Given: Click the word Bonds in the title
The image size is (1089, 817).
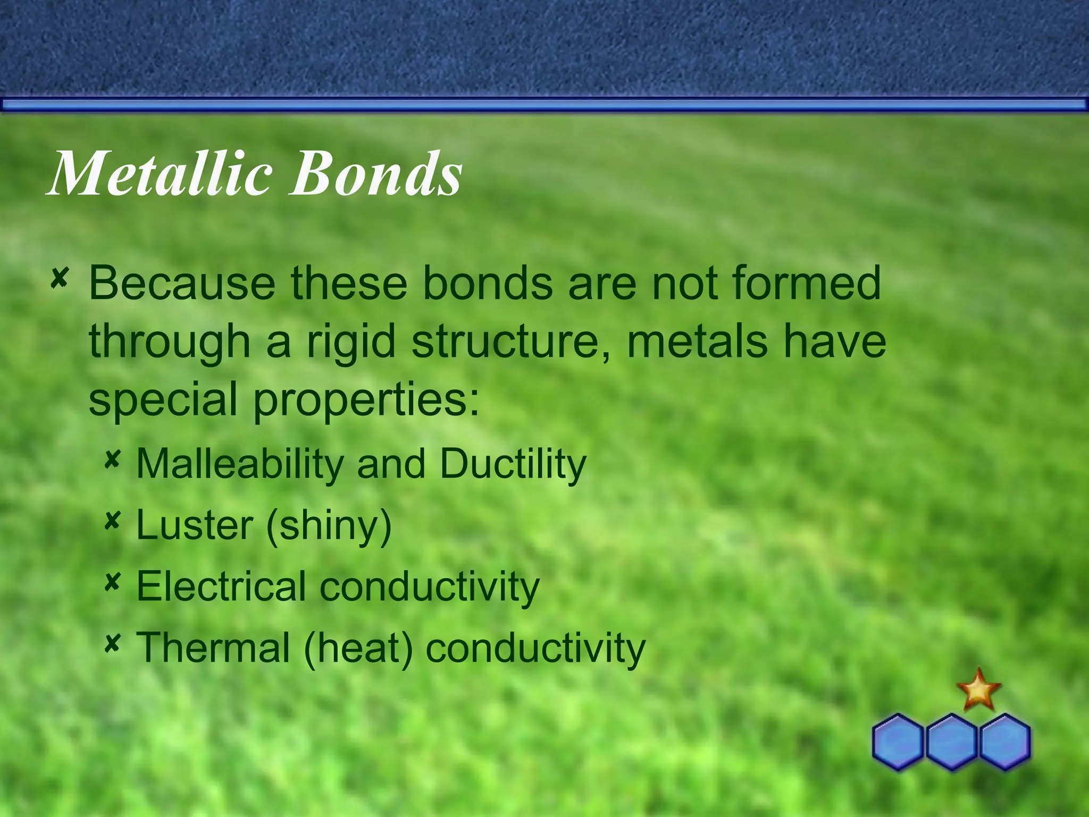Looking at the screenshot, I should (375, 173).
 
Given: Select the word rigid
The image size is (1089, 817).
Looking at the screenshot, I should (351, 343).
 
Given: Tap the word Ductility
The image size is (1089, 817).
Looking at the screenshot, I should (513, 463).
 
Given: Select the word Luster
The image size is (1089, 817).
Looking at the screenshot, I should (195, 525).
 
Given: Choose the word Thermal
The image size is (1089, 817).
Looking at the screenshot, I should (213, 647).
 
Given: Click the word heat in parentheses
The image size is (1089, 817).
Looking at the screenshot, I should (358, 648).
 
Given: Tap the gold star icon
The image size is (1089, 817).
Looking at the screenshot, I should (978, 690).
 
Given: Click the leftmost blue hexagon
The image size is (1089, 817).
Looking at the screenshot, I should (898, 741).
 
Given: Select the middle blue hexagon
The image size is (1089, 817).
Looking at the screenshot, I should (952, 741).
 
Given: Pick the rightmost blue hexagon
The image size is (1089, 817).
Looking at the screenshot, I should (1005, 741).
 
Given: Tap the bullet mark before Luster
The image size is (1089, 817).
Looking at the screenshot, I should (112, 521).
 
